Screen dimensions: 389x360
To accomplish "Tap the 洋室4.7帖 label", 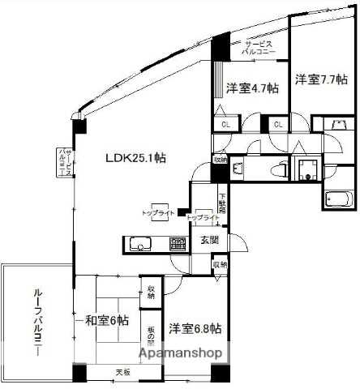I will point(252,88).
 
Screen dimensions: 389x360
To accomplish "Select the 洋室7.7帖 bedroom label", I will point(321,79).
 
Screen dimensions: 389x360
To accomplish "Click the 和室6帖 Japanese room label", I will point(103,321).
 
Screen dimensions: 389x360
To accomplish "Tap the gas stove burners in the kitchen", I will point(178,243).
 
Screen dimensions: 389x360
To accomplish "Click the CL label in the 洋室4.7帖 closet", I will point(225,125).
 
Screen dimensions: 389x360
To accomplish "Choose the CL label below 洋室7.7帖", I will point(278,125).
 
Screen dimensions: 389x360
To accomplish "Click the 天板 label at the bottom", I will point(122,372).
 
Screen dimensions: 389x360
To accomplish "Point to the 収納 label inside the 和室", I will point(151,292).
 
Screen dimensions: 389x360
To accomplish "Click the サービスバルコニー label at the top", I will point(259,46).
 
